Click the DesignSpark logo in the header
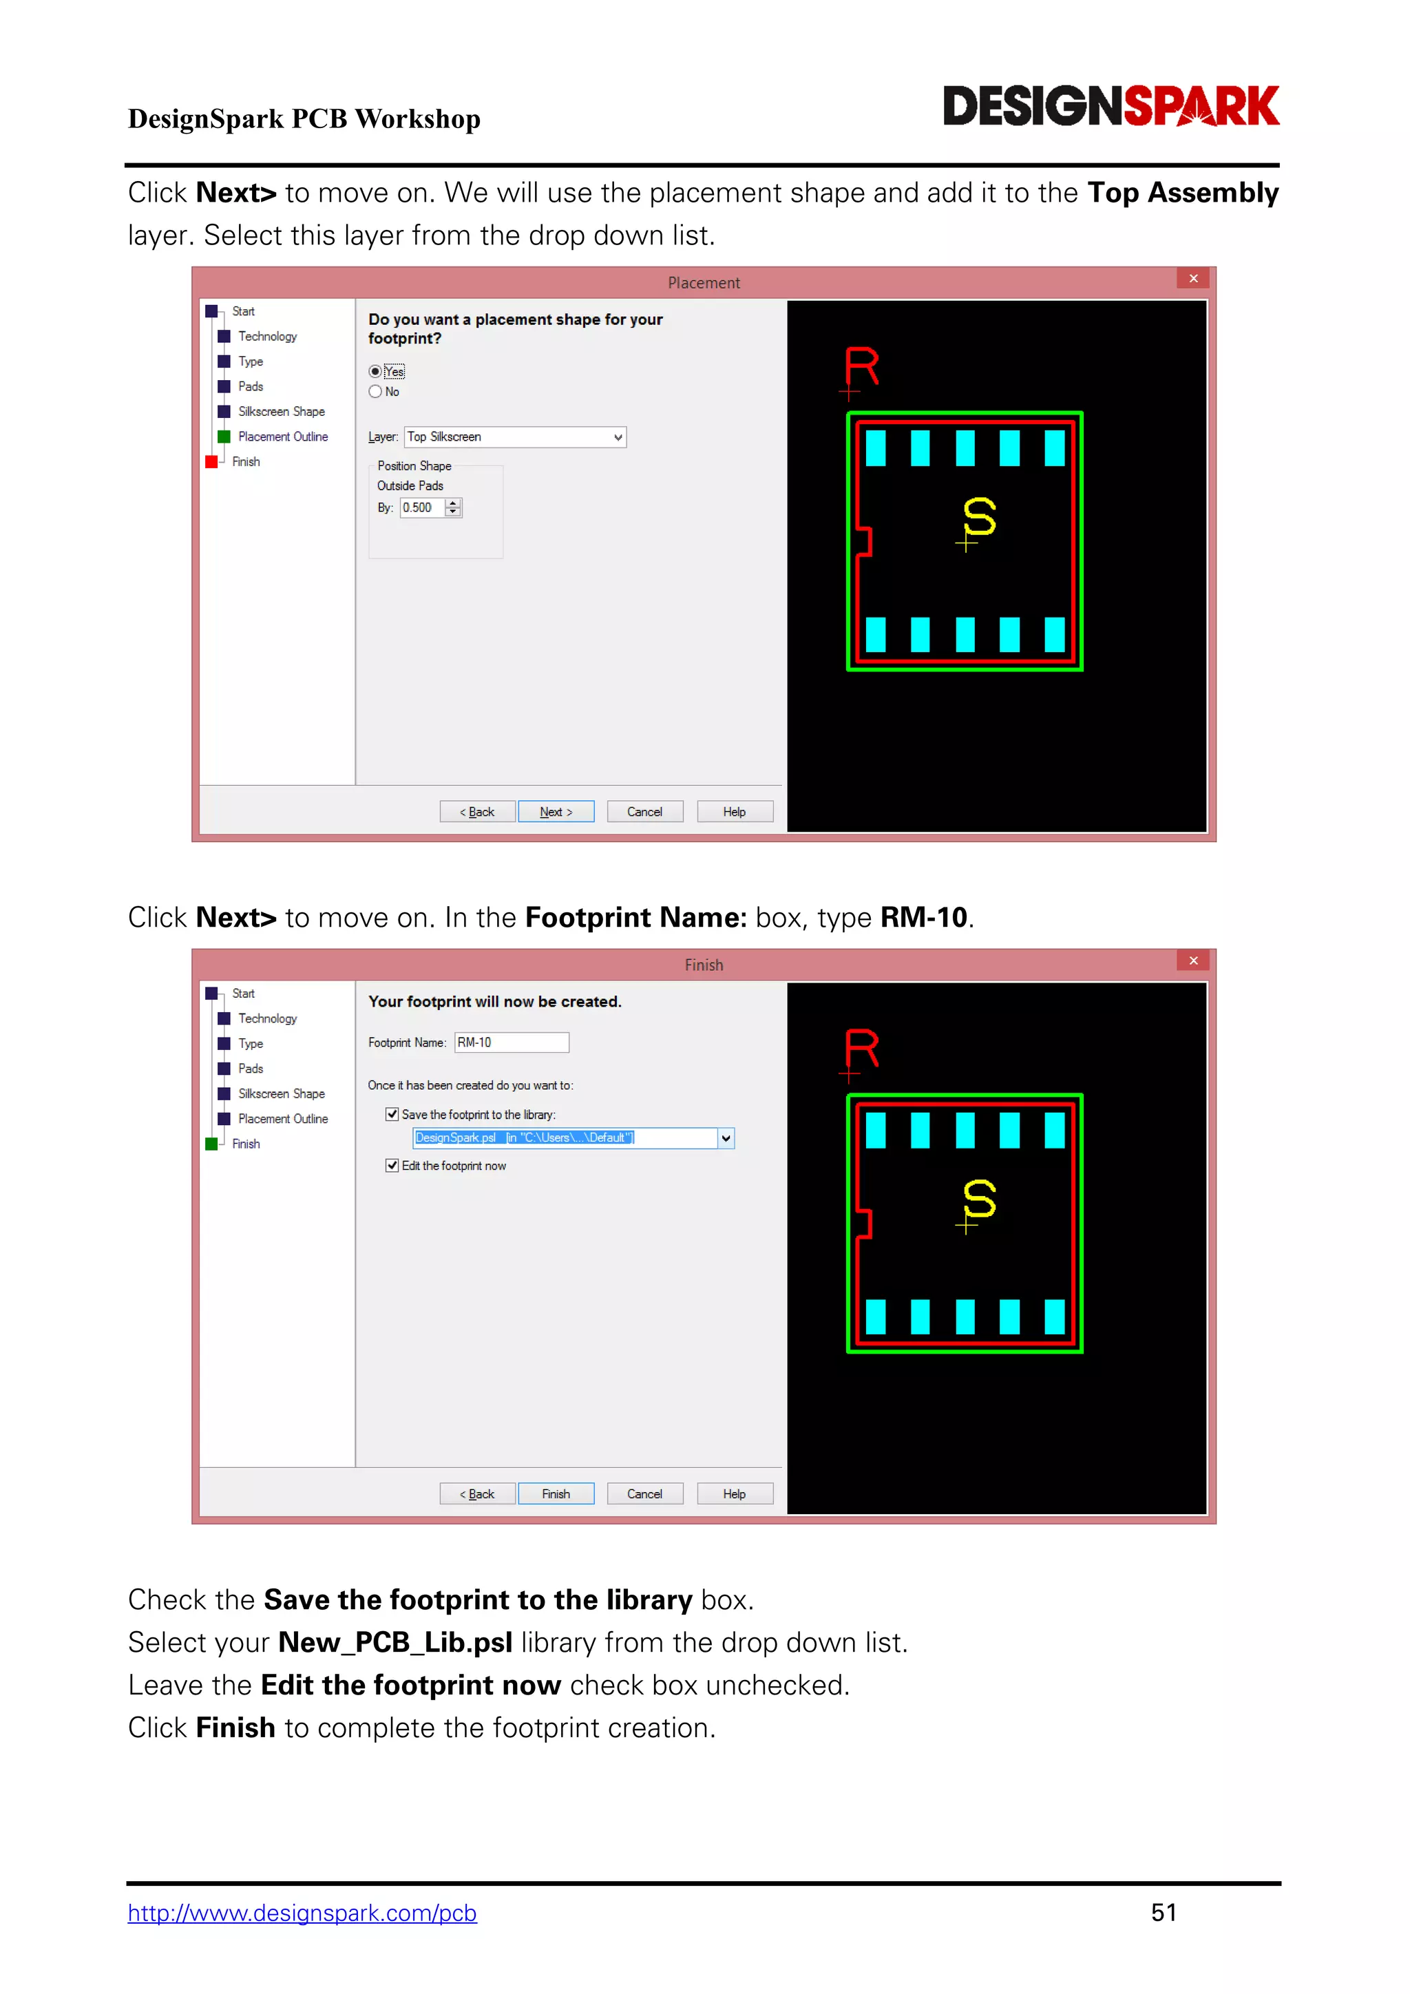(x=1111, y=106)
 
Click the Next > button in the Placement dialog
(x=556, y=811)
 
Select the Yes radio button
(x=375, y=372)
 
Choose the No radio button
(x=375, y=392)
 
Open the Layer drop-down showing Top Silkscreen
(x=515, y=437)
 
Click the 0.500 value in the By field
(x=418, y=508)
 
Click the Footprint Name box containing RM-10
(x=512, y=1042)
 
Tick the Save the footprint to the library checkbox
(x=392, y=1114)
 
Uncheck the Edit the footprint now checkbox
(x=392, y=1166)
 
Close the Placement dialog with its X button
(x=1194, y=278)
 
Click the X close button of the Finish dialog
(x=1194, y=961)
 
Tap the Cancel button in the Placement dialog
(x=644, y=811)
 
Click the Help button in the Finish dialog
(x=735, y=1493)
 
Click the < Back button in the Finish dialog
(x=478, y=1493)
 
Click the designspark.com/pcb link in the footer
(x=302, y=1913)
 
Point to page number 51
(x=1164, y=1912)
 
